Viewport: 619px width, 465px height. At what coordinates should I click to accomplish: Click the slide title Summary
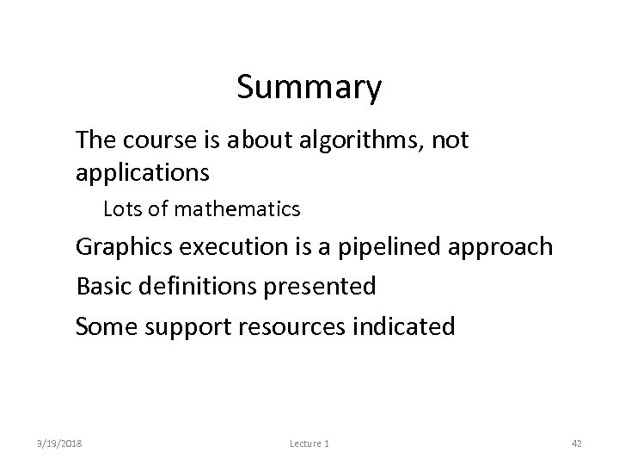coord(309,88)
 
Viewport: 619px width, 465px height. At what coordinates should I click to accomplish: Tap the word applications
coord(142,173)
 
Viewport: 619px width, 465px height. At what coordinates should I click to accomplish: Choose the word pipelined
coord(390,247)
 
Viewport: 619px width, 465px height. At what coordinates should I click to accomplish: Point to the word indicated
coord(407,327)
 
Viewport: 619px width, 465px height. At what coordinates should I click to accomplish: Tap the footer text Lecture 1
coord(309,443)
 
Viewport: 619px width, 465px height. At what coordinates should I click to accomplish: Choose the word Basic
coord(100,287)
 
